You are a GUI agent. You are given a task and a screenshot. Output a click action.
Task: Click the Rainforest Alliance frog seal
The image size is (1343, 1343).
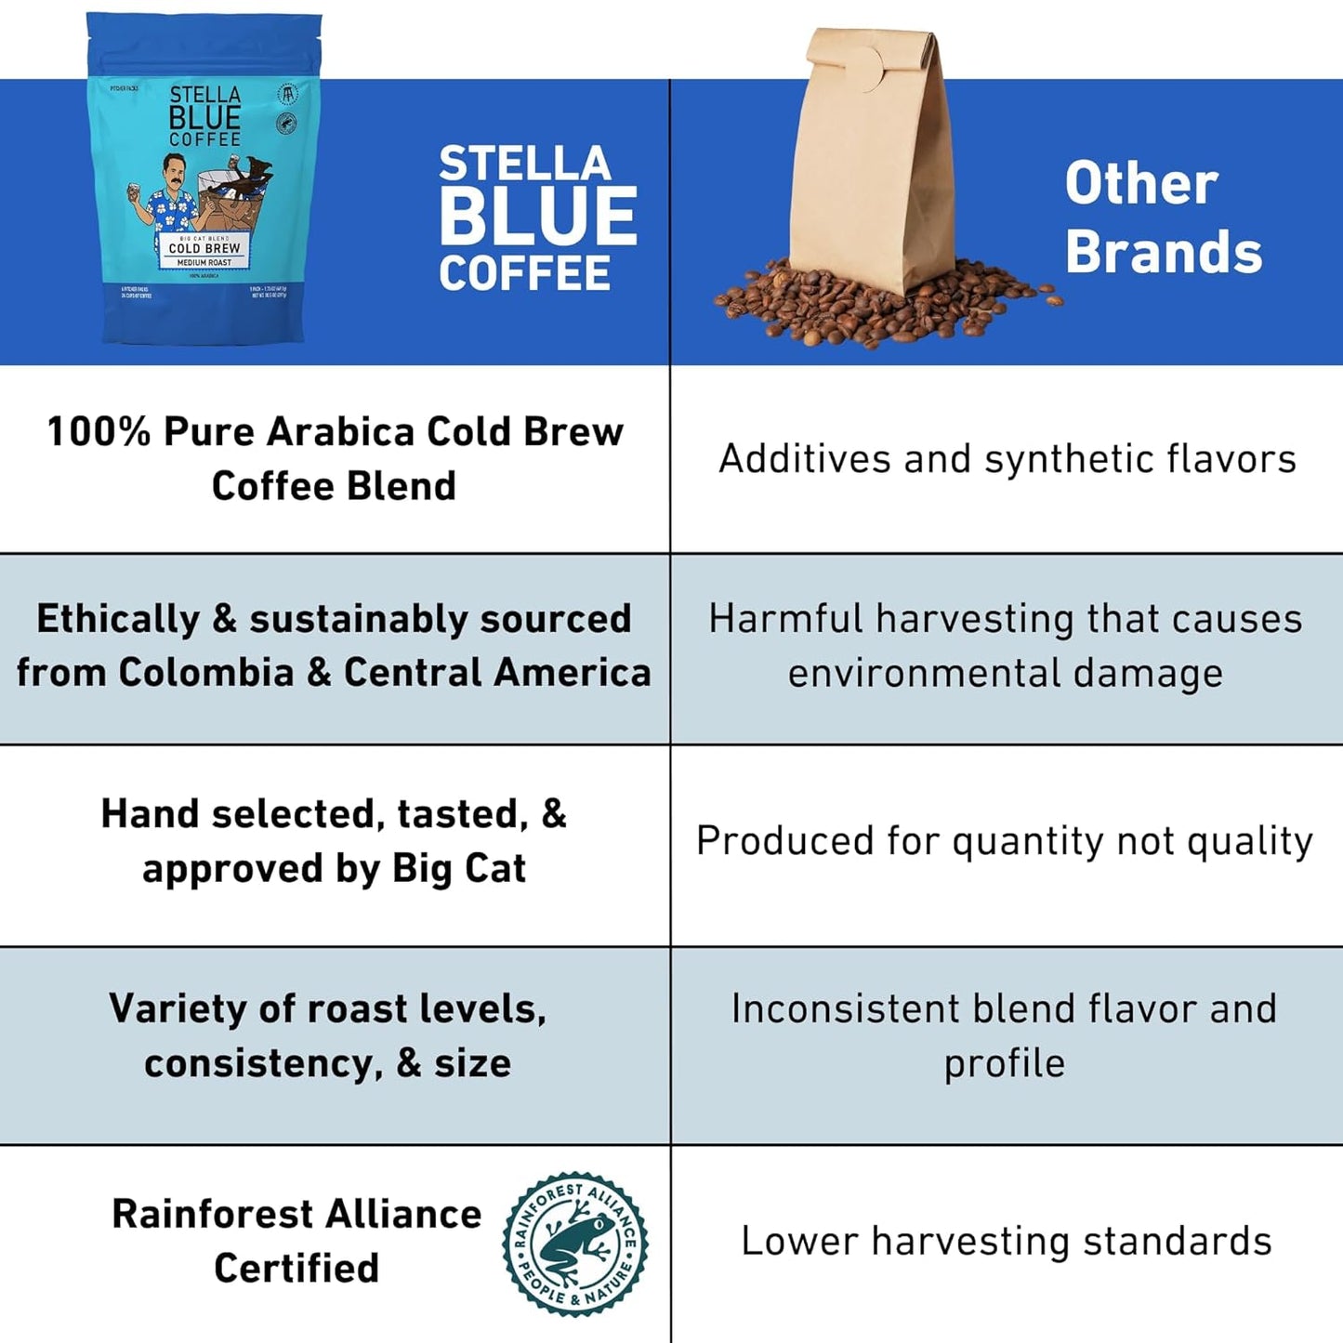coord(575,1244)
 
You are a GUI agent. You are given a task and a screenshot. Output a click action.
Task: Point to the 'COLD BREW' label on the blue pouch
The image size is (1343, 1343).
coord(204,248)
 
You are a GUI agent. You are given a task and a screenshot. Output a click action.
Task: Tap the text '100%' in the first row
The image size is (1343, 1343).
coord(98,432)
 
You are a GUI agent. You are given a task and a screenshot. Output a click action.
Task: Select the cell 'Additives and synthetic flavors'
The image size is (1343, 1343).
coord(1007,459)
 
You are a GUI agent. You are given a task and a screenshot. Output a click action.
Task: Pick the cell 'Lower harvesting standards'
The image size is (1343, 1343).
coord(1006,1242)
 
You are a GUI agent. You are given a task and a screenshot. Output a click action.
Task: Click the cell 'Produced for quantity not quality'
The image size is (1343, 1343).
coord(1005,841)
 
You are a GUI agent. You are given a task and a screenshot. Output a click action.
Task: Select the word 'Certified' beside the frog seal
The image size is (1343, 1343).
coord(296,1269)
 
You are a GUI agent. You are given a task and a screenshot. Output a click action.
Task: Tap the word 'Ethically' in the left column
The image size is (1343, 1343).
coord(117,619)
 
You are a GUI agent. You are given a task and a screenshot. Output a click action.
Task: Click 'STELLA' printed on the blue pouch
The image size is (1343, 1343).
coord(204,95)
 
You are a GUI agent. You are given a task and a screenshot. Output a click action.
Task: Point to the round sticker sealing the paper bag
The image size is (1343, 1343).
coord(864,71)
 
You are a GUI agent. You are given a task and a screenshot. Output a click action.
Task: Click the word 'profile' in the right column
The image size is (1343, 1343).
coord(1005,1063)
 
